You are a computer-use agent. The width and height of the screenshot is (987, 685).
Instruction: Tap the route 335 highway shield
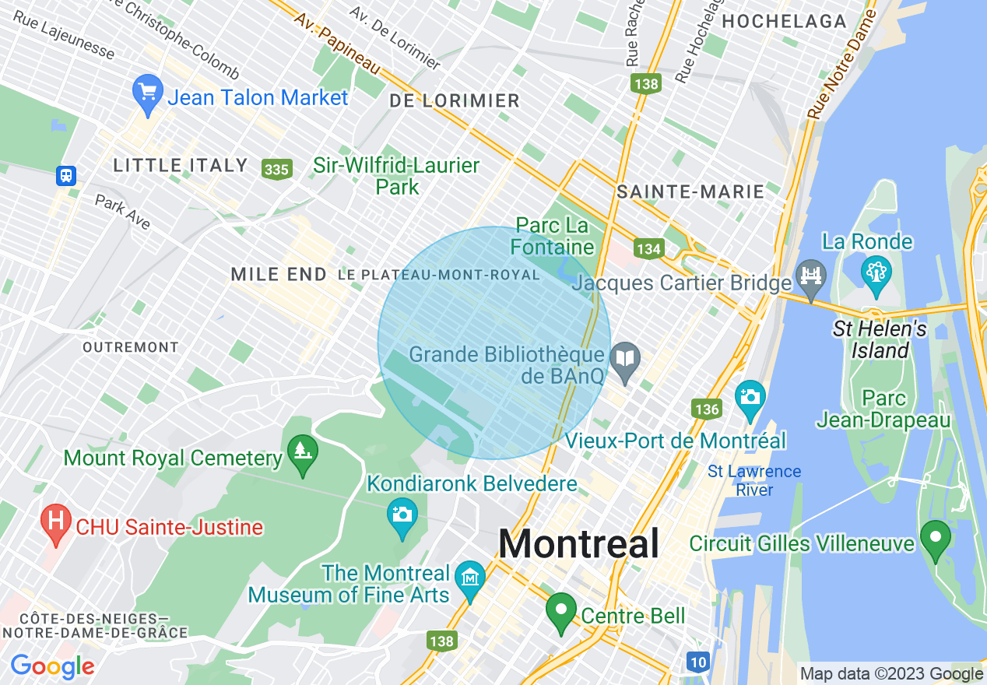tap(276, 169)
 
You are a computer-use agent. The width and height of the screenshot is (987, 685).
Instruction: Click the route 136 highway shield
tap(706, 409)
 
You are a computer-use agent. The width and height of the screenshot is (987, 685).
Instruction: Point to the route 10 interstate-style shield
tap(698, 662)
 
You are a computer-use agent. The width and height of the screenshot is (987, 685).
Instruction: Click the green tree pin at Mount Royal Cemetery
tap(300, 453)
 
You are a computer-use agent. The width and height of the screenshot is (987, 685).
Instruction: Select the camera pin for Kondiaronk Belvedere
tap(402, 516)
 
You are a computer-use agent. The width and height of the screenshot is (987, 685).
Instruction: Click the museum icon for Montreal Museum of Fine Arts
tap(470, 580)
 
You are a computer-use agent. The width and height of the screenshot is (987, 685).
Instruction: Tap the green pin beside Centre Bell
tap(560, 611)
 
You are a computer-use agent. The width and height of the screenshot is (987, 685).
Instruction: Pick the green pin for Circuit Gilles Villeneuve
tap(935, 539)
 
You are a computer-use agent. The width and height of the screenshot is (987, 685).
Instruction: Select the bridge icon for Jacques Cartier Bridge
tap(811, 277)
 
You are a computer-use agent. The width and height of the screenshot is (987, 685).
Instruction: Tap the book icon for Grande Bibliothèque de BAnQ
tap(625, 359)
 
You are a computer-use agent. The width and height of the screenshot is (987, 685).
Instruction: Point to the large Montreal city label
tap(578, 543)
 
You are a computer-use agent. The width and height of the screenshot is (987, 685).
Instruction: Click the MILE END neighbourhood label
tap(279, 274)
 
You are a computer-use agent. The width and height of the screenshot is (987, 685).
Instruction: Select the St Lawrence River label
tap(753, 480)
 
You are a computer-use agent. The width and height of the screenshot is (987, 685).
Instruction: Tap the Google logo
tap(52, 666)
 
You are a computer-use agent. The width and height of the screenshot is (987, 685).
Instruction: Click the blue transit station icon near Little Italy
tap(66, 176)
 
